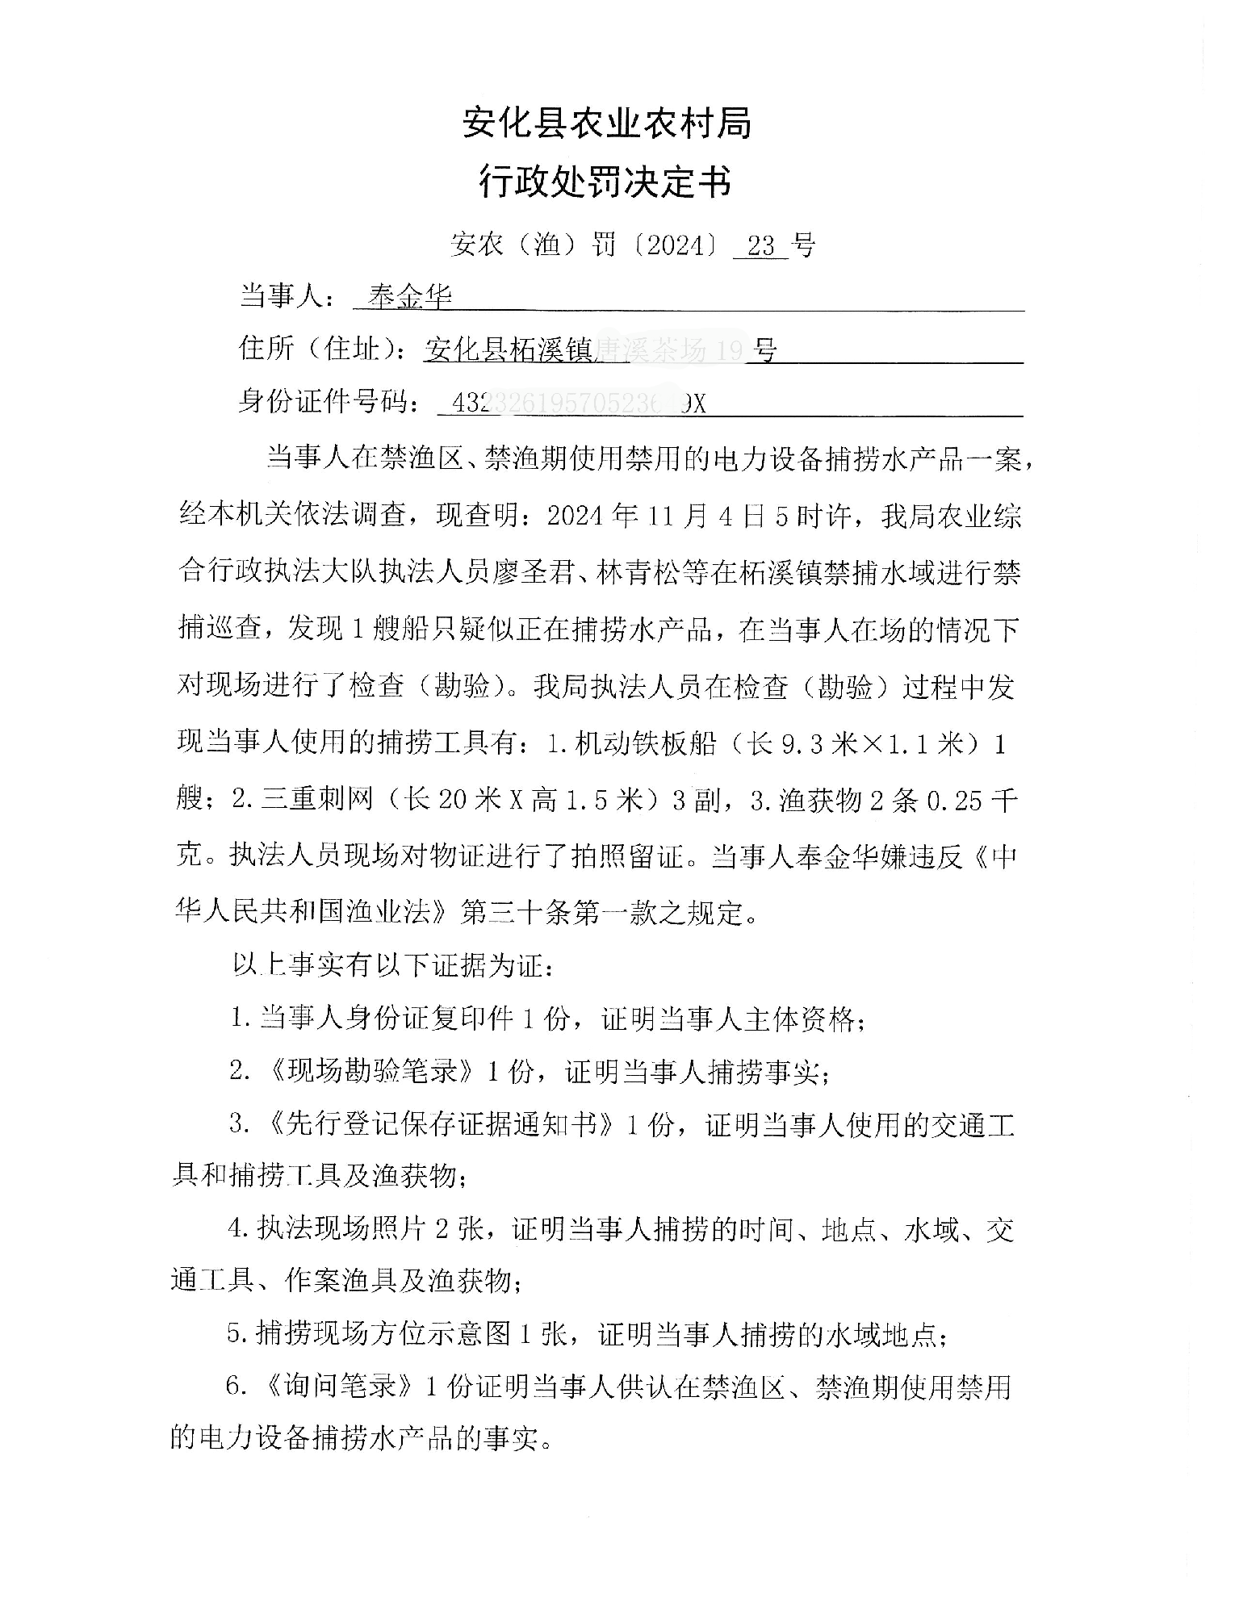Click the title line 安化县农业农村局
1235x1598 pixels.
pos(607,123)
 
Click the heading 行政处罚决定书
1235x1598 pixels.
pos(605,181)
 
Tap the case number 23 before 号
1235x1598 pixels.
pos(760,245)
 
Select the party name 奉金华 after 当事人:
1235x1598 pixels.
pos(409,298)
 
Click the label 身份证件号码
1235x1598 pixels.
pos(328,401)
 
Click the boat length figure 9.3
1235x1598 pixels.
pos(802,744)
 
